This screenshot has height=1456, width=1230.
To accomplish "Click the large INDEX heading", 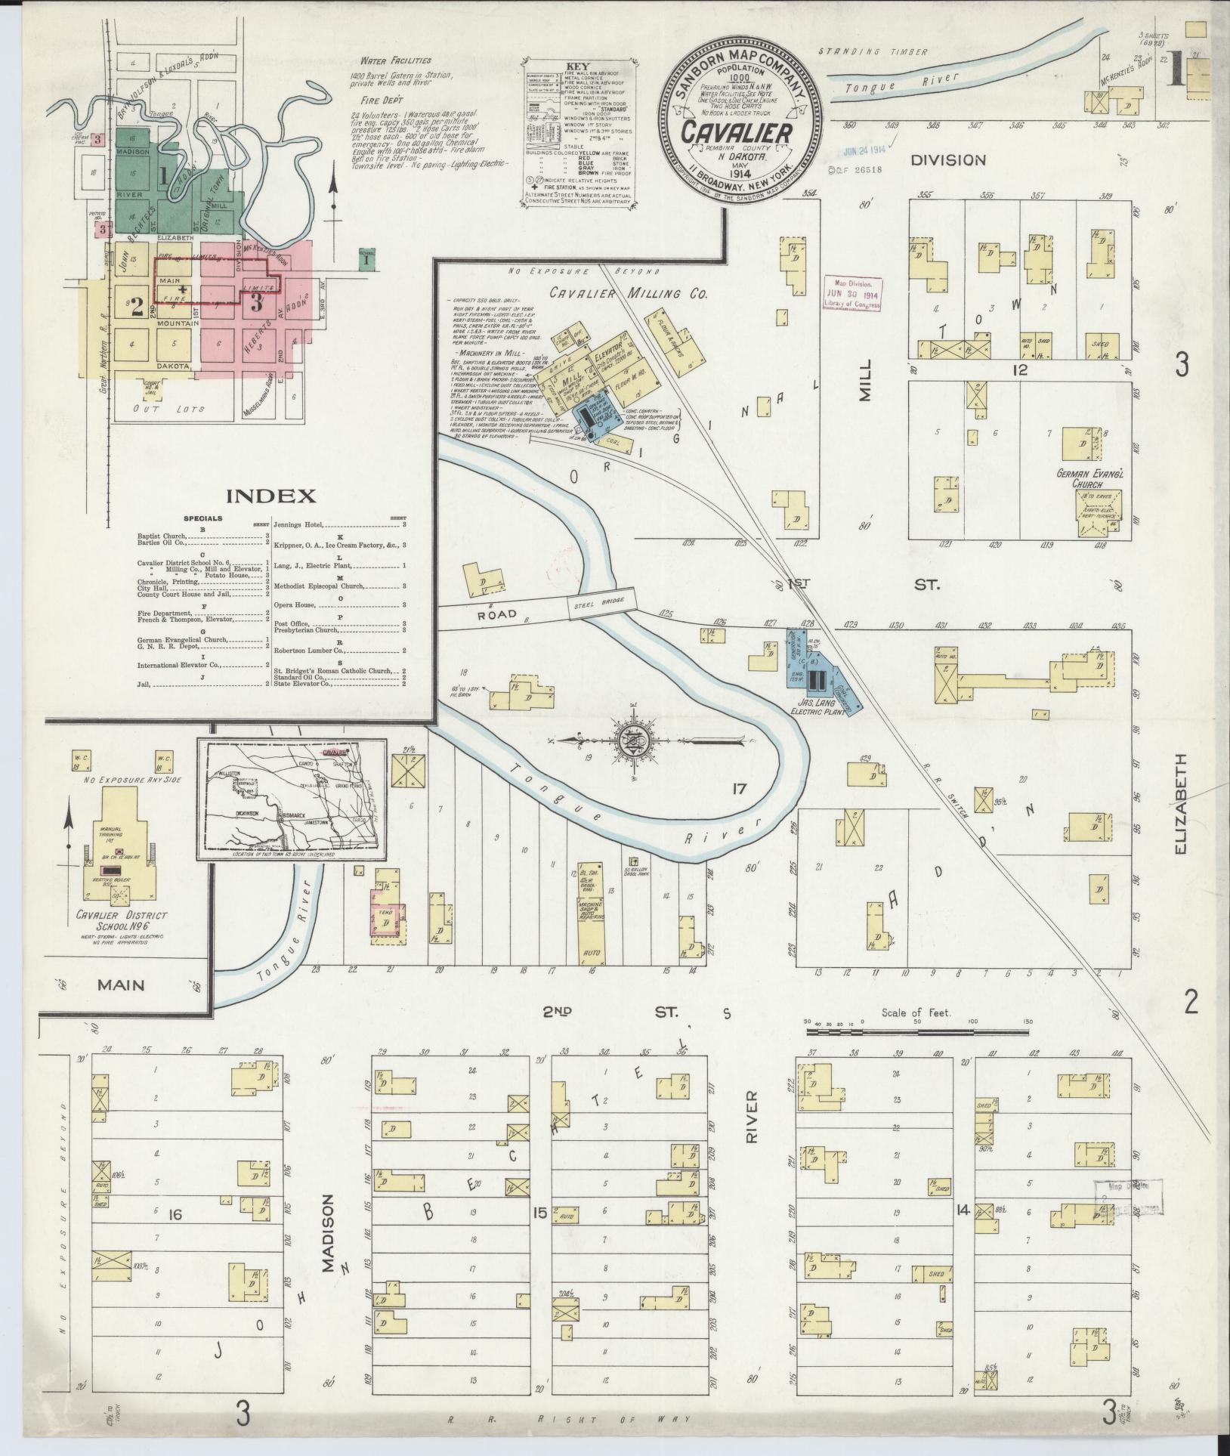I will [270, 496].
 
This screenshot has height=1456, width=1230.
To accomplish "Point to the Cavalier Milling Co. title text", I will [629, 294].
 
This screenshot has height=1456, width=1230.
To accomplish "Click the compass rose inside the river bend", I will [633, 741].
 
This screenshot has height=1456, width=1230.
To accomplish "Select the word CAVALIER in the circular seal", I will [737, 131].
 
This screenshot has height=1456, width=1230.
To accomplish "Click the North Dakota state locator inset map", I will [292, 799].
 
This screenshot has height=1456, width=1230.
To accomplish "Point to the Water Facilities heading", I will [395, 60].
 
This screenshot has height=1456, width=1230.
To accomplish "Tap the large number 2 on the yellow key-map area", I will [137, 307].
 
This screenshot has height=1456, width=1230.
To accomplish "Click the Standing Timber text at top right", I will [876, 52].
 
